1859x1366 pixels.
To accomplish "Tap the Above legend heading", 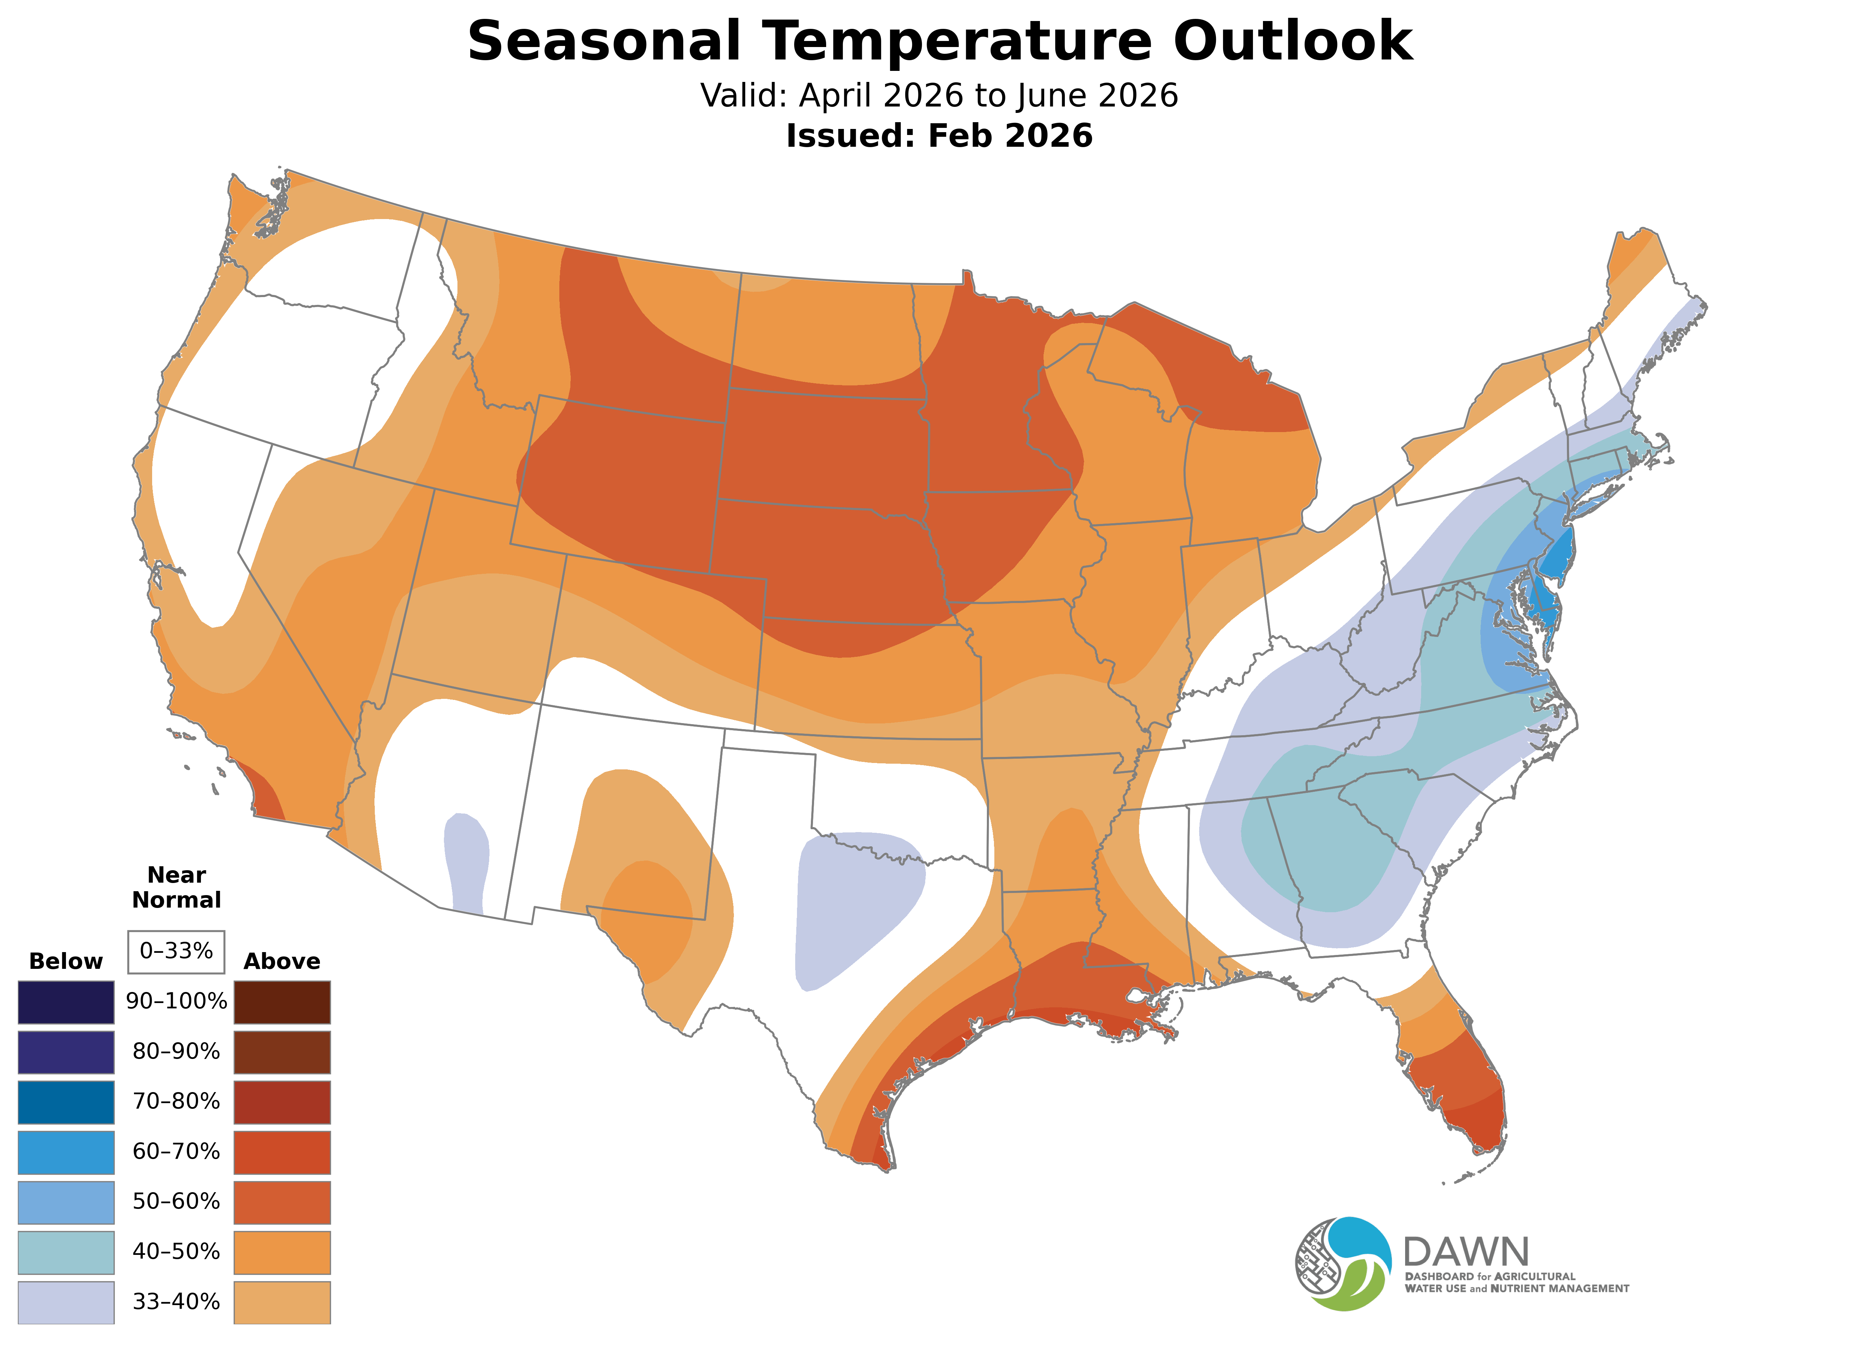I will point(282,962).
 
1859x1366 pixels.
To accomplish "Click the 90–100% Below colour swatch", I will point(66,1002).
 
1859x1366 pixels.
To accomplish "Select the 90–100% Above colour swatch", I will point(282,1002).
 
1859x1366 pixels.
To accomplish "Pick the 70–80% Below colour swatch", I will point(66,1102).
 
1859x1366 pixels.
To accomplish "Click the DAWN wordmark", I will point(1465,1253).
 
